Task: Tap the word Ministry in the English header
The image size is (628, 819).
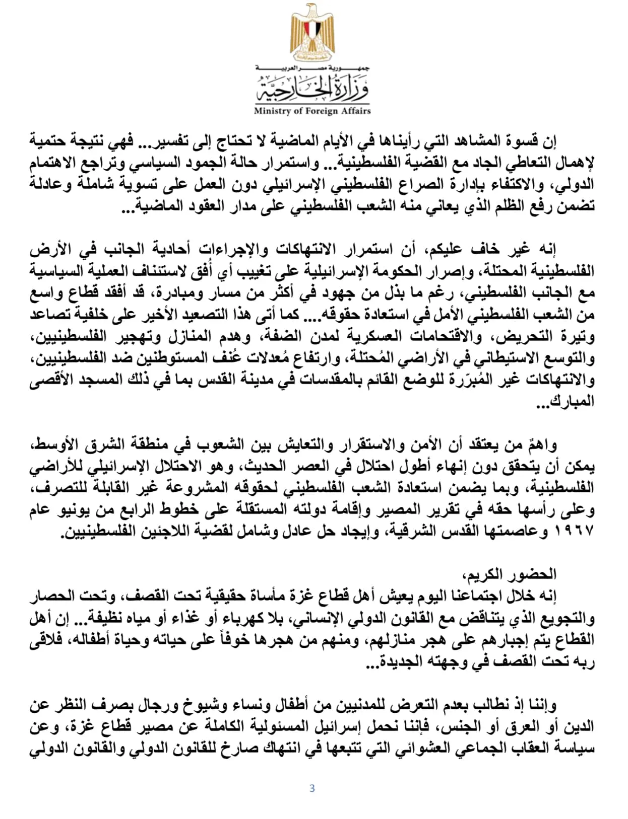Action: (x=272, y=111)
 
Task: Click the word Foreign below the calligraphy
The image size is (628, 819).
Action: (x=319, y=111)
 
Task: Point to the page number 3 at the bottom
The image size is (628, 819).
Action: (x=312, y=788)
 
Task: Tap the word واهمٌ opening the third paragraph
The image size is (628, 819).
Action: (x=542, y=445)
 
